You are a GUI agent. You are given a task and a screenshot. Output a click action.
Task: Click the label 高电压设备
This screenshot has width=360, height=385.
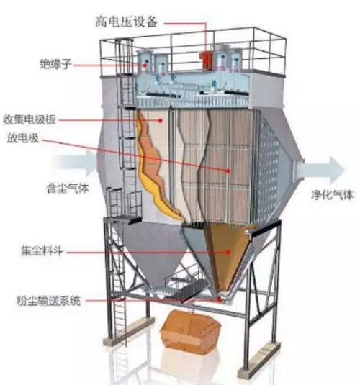[126, 22]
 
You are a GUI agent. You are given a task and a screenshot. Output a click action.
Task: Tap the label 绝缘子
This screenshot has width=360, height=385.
[55, 64]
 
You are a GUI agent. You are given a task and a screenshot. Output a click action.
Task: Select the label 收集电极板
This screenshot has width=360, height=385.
[30, 120]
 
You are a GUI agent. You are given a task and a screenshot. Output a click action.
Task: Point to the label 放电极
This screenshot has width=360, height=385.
[22, 138]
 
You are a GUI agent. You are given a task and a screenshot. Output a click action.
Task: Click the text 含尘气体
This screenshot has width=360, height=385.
[68, 189]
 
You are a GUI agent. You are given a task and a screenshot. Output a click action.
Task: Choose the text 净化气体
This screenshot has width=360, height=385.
[332, 195]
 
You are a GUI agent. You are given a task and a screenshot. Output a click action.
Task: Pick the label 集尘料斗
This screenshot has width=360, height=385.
[42, 251]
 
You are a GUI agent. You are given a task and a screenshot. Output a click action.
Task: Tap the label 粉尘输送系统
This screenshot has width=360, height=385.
[48, 301]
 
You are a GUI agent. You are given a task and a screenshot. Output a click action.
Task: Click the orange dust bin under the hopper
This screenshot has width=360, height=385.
[189, 330]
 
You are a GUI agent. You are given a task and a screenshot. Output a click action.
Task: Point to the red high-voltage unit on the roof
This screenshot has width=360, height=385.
[206, 60]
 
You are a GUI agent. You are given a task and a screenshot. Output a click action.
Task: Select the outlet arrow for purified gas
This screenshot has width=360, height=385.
[322, 170]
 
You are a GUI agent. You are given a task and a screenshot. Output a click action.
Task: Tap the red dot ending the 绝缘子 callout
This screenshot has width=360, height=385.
[145, 65]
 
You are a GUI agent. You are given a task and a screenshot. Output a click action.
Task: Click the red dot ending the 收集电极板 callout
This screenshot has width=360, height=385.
[161, 120]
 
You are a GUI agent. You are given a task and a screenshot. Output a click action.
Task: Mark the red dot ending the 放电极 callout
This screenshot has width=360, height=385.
[228, 171]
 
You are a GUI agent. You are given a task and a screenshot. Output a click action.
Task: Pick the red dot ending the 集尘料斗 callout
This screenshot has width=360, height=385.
[228, 252]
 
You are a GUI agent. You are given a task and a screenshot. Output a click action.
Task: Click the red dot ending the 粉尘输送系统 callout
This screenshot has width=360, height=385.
[220, 299]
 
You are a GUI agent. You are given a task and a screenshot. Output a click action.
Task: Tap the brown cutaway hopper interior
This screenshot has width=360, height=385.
[225, 255]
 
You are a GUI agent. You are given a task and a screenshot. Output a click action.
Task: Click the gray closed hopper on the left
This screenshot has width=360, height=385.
[150, 250]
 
